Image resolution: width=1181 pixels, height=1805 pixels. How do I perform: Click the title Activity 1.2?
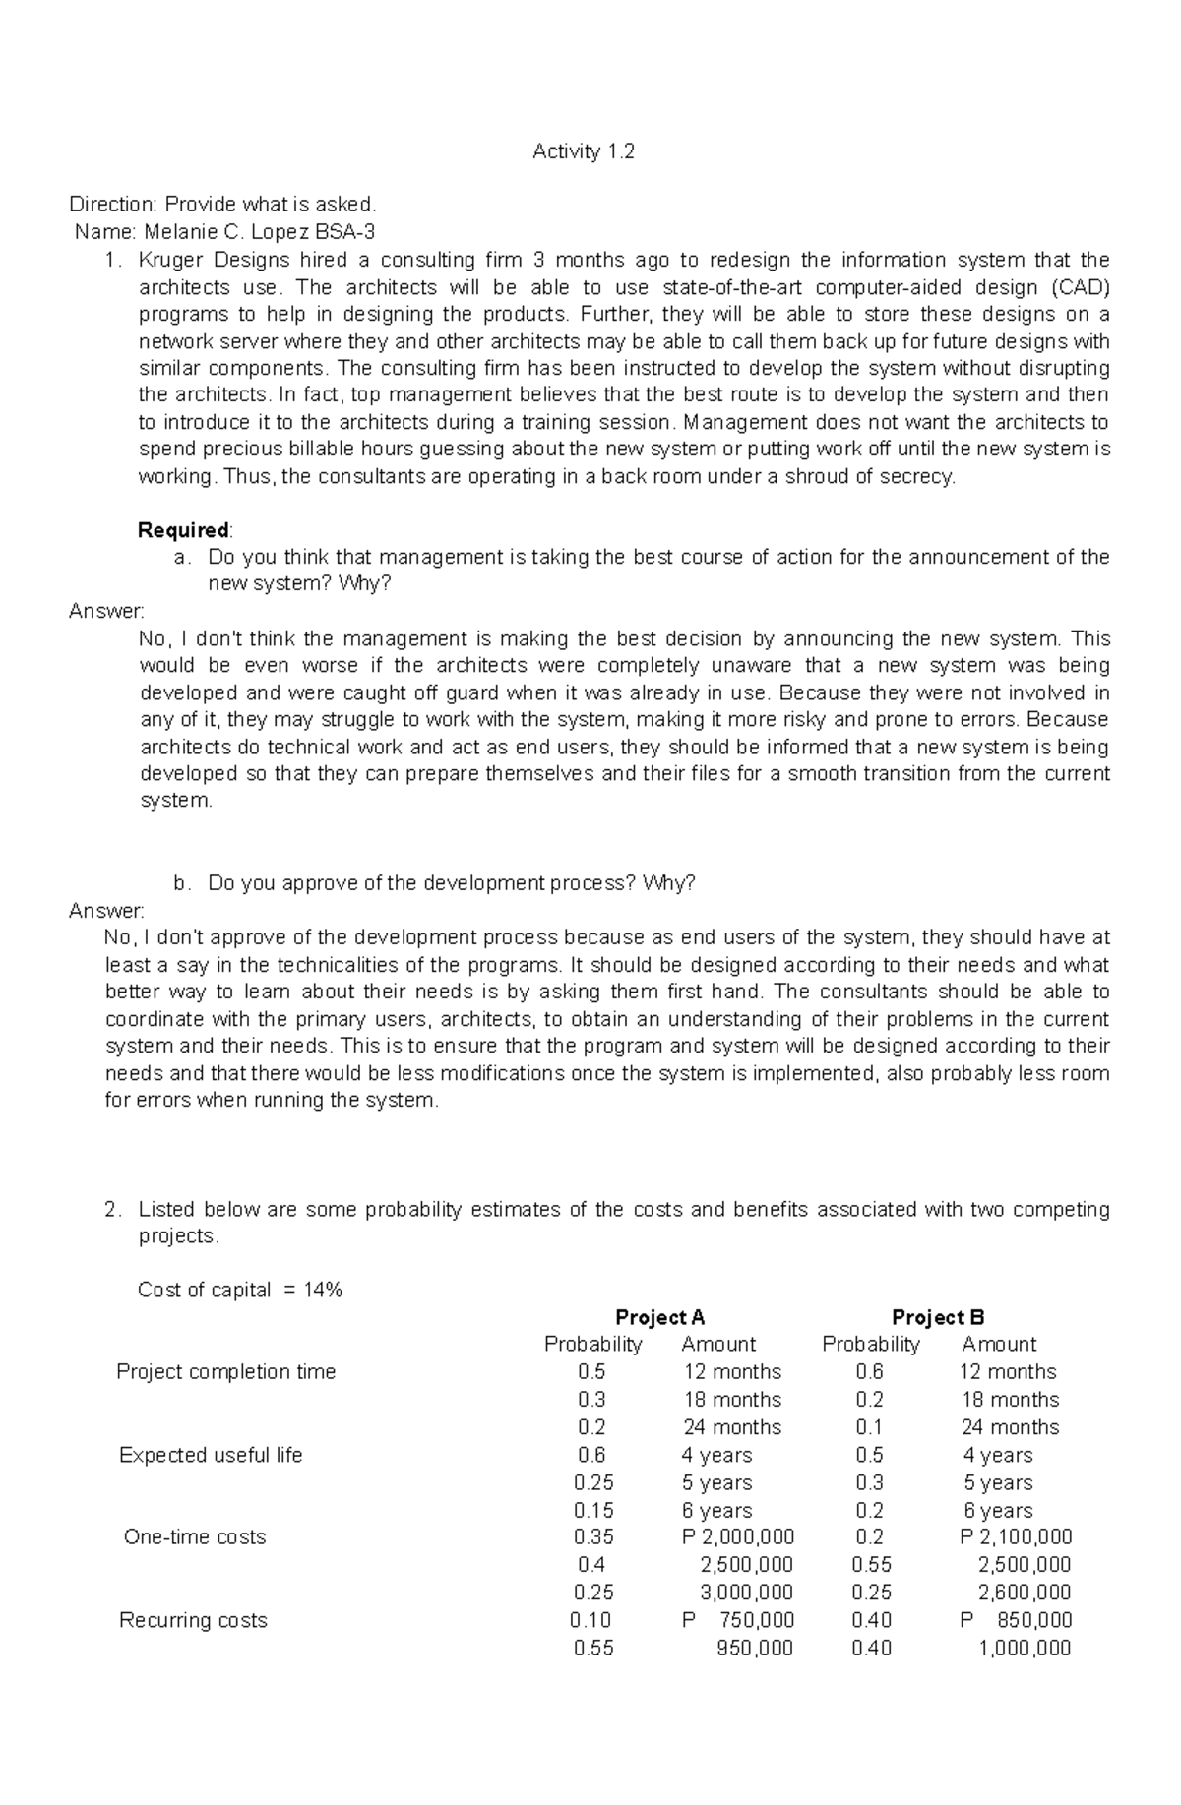point(584,151)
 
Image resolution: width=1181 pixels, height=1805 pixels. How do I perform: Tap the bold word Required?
point(183,530)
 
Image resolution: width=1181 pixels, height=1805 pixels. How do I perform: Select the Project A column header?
point(659,1317)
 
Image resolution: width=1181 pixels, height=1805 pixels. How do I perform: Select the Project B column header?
point(937,1317)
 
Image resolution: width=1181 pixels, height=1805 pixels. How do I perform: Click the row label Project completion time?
point(225,1372)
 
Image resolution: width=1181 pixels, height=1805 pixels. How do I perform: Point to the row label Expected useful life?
point(211,1455)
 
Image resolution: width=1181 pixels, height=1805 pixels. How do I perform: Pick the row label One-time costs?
point(195,1537)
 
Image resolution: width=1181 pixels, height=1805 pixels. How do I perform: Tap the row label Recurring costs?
point(193,1620)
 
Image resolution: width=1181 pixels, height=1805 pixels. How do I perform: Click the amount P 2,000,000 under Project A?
point(738,1537)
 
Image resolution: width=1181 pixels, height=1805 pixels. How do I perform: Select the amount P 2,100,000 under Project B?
point(1016,1537)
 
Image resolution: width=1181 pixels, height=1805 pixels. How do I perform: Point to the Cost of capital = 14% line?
point(240,1290)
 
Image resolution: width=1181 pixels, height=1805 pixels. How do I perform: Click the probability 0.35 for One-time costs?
point(593,1537)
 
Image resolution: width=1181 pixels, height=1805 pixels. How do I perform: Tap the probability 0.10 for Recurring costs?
point(590,1620)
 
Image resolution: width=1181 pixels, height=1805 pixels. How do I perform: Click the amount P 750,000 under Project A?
point(738,1620)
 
